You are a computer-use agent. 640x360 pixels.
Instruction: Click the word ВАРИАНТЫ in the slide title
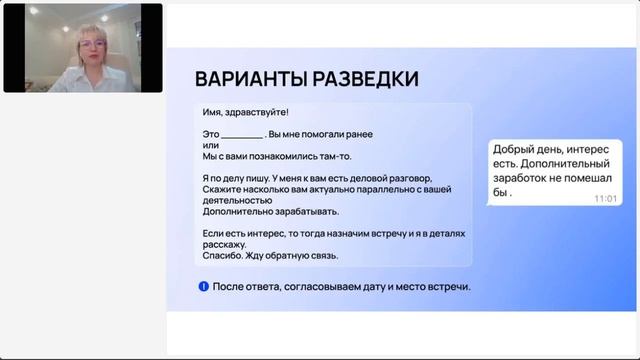point(249,80)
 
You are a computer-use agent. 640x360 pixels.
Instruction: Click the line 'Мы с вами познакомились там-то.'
point(277,156)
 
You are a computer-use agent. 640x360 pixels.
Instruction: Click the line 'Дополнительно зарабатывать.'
point(270,211)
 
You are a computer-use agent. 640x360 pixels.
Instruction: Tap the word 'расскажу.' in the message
point(224,244)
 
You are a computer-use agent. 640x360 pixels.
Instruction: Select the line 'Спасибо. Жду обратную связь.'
point(270,255)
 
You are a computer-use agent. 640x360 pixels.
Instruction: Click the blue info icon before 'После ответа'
point(203,287)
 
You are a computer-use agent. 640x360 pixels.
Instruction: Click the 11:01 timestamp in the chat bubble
point(605,199)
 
